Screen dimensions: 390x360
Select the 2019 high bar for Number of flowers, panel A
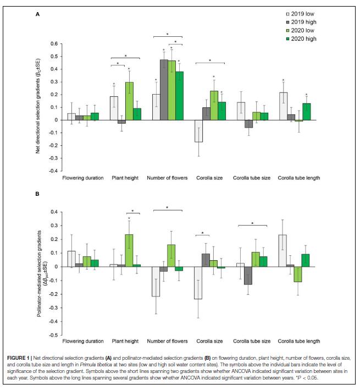tap(164, 90)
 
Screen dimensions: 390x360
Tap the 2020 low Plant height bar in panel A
tap(129, 101)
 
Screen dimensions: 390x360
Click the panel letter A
tap(37, 15)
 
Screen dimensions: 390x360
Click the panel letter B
tap(37, 193)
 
